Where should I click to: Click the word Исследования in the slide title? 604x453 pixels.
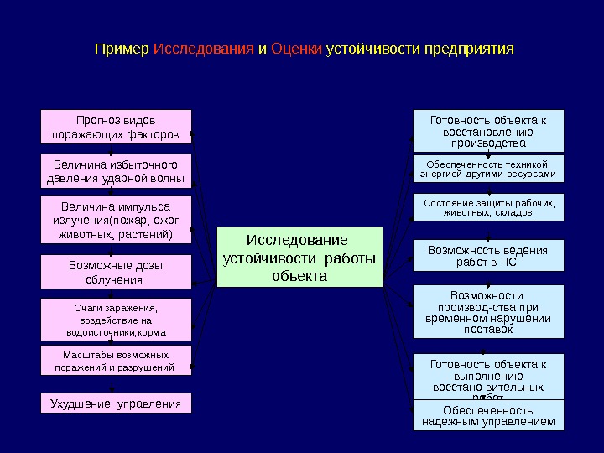204,49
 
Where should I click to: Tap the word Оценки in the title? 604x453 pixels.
296,49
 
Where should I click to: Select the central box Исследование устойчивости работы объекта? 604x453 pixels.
299,257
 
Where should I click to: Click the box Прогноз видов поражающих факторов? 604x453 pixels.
117,127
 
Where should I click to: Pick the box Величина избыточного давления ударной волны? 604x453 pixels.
117,171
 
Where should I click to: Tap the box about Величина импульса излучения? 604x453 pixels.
117,220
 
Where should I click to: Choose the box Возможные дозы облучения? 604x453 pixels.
117,272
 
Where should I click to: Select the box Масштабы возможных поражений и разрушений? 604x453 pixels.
117,361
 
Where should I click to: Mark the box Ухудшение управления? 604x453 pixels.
117,404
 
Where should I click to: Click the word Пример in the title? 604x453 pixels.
122,49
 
